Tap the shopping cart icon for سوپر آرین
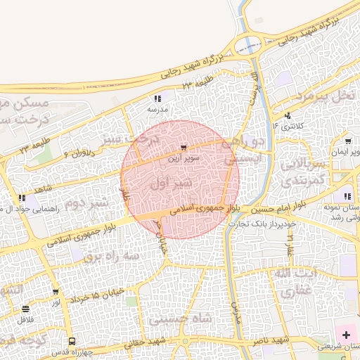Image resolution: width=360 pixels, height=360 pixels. point(184,148)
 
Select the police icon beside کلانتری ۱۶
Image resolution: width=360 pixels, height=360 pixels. point(287,115)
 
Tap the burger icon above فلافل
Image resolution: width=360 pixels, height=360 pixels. point(26,309)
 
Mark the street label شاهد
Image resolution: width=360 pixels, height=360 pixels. point(44,190)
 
